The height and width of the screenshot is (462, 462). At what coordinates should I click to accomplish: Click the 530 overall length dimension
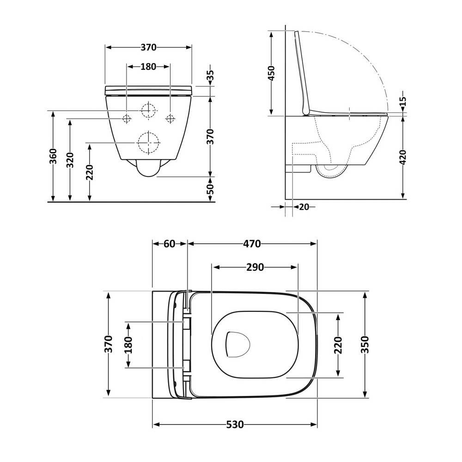(235, 425)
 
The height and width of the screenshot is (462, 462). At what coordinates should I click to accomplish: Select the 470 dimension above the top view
(252, 243)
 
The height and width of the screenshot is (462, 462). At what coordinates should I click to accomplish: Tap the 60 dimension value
(170, 243)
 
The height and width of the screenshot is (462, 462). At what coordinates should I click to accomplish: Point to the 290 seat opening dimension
(255, 267)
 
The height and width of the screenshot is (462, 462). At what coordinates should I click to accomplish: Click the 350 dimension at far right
(365, 344)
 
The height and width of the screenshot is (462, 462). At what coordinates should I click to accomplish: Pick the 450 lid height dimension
(271, 73)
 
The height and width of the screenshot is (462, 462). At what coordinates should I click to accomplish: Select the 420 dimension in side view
(403, 157)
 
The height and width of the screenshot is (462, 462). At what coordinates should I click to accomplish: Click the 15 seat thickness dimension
(403, 102)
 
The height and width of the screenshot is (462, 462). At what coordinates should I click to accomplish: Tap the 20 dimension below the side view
(304, 207)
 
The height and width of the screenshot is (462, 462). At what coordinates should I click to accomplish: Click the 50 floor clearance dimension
(210, 189)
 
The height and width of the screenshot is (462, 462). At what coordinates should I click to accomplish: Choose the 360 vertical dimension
(53, 158)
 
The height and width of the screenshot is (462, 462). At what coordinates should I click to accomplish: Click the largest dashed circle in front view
(149, 143)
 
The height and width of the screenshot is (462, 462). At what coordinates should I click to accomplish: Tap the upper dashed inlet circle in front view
(149, 111)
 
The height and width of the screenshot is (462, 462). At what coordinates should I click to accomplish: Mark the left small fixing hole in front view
(127, 119)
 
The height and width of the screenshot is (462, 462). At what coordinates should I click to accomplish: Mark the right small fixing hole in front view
(170, 119)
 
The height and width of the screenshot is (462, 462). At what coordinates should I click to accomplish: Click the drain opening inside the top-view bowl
(237, 345)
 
